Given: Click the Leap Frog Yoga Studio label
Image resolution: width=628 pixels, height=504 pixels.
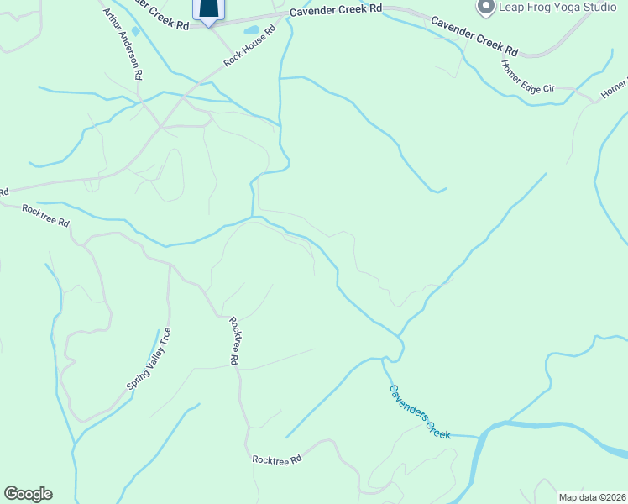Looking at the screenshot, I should tap(557, 8).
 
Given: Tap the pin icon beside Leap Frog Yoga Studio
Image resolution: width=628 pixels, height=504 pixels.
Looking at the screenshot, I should tap(485, 8).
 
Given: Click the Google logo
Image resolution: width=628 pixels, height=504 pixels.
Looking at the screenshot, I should tap(28, 494).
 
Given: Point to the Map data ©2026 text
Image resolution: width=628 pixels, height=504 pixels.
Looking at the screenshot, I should tap(592, 497).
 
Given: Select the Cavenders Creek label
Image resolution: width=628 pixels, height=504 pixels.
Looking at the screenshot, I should tap(420, 411).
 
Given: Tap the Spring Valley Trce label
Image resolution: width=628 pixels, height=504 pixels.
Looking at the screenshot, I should tap(149, 358).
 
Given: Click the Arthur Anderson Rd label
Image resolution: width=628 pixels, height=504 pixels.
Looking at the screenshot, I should tap(121, 44).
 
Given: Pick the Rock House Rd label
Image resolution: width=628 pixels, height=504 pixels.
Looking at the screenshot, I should tap(250, 49).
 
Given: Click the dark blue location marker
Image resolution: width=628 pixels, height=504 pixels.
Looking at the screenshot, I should tap(209, 8).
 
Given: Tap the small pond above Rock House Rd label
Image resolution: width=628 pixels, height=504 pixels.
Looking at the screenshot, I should tap(252, 30).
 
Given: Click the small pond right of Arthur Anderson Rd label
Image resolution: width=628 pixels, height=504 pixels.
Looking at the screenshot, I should tap(136, 32).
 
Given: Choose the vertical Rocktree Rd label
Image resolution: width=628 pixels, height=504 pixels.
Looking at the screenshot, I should tap(234, 340).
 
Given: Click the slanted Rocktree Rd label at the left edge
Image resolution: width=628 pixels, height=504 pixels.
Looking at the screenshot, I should tap(45, 215).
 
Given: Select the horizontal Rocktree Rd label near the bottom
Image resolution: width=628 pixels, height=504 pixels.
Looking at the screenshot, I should tap(277, 459).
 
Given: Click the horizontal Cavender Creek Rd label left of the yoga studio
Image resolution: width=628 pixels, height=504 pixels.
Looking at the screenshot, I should tap(336, 9).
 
